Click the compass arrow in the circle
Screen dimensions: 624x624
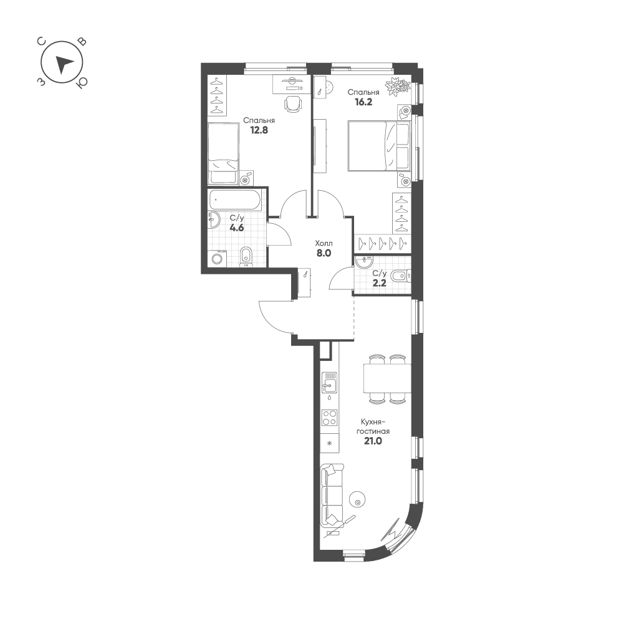point(63,64)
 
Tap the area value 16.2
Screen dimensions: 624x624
point(363,102)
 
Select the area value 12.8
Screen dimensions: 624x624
point(259,130)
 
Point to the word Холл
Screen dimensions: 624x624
point(324,243)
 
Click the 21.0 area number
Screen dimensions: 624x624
point(373,441)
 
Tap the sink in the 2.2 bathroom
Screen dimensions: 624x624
point(363,262)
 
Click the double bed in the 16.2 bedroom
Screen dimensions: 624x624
point(378,146)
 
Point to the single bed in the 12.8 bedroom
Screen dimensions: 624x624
point(223,153)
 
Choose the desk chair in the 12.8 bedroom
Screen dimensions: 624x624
point(293,103)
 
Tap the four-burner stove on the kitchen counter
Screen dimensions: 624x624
point(330,418)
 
